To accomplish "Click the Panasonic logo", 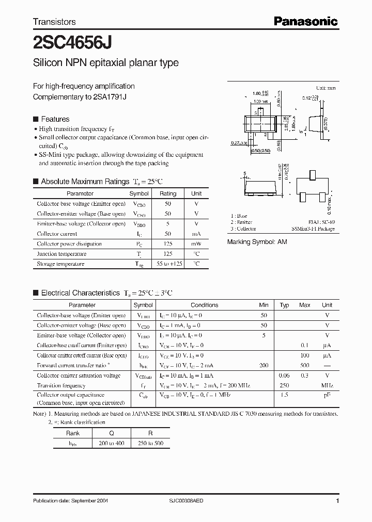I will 305,21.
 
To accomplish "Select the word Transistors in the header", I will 54,22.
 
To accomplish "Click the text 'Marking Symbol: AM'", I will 257,241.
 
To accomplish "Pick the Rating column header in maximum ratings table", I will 168,193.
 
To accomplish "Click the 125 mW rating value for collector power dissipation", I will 168,244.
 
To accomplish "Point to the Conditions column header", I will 205,305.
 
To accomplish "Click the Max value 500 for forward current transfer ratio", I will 304,365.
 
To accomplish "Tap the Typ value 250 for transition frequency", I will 284,385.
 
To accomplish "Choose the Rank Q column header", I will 111,433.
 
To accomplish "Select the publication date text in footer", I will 70,501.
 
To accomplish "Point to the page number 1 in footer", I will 337,501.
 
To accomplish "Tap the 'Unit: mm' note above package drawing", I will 326,88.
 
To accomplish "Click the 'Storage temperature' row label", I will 60,264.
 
